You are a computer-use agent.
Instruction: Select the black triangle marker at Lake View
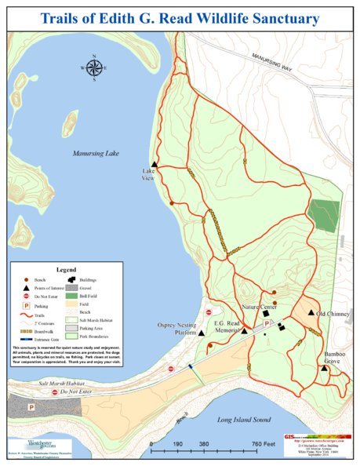155,163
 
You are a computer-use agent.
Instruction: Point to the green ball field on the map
322,214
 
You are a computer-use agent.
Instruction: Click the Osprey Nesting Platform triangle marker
202,333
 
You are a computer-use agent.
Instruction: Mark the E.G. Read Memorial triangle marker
245,330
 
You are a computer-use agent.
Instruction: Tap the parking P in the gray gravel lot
31,408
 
